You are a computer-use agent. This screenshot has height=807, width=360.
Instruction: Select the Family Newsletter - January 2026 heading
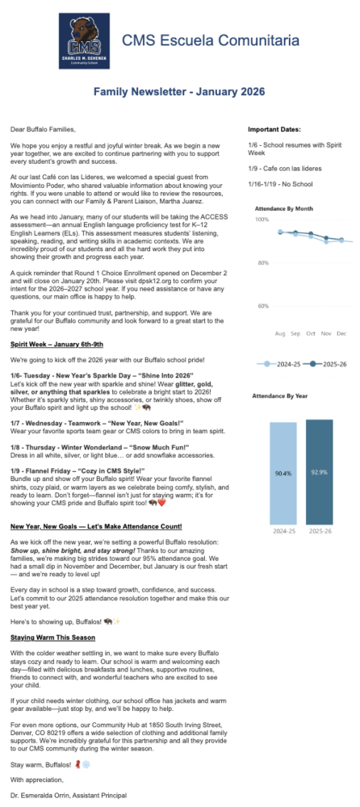pos(179,94)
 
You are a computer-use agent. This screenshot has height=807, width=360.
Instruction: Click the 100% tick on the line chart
pos(262,220)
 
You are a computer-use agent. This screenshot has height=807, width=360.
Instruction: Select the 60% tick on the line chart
pos(263,307)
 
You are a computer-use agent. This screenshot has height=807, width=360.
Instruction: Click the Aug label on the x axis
pos(281,333)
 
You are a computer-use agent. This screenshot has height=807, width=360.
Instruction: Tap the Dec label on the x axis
pos(341,333)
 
